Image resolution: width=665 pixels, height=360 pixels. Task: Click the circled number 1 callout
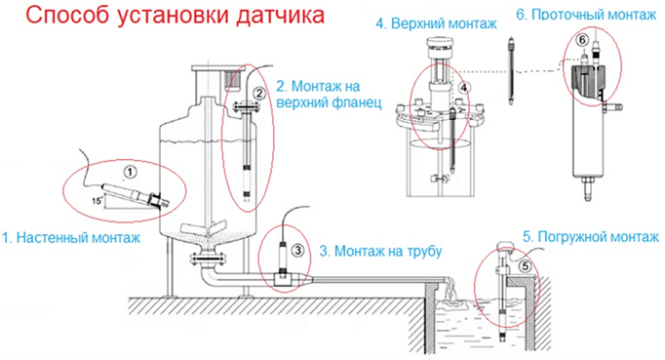(x=131, y=172)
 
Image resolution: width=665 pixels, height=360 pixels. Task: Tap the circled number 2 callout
(x=258, y=94)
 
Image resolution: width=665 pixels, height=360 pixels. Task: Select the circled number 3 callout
(x=297, y=251)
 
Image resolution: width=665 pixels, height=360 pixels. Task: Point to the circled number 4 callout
(x=464, y=88)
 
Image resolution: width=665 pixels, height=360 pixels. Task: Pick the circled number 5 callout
(x=525, y=266)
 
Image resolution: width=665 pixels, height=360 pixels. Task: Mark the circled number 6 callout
(x=583, y=40)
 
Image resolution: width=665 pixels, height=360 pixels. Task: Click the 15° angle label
(x=98, y=200)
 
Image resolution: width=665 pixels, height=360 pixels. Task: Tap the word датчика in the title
(x=280, y=16)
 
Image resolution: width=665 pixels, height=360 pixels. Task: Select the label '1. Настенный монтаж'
(x=71, y=238)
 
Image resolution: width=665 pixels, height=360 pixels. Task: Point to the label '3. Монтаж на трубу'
(x=380, y=252)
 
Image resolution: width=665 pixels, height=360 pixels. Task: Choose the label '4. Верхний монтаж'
(x=436, y=23)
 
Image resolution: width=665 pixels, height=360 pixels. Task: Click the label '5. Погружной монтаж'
(x=590, y=237)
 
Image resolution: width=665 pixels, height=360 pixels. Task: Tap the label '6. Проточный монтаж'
(x=586, y=15)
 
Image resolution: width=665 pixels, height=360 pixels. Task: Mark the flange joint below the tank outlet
(x=208, y=258)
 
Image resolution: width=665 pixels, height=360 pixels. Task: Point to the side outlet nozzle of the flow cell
(x=613, y=107)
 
